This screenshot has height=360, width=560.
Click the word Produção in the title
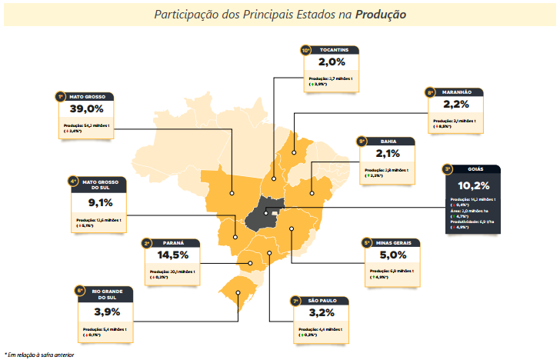[x=382, y=15]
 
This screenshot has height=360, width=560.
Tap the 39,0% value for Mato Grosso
[x=87, y=109]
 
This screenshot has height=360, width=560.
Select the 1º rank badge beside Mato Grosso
[x=59, y=97]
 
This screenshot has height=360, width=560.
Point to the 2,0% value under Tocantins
[x=333, y=62]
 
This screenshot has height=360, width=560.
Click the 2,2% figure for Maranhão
[x=456, y=105]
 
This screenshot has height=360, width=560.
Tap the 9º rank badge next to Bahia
[x=361, y=142]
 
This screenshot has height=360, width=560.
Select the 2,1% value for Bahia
[x=388, y=154]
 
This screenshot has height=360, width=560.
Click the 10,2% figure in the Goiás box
[x=473, y=185]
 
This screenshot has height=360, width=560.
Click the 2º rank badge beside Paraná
[x=146, y=243]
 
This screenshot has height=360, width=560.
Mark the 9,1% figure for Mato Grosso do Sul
[x=100, y=203]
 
